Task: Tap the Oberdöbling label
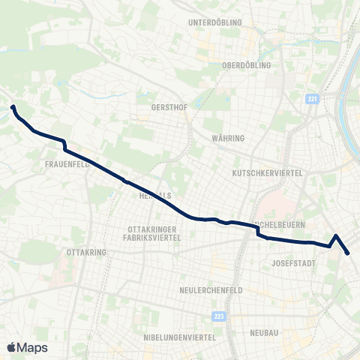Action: [245, 64]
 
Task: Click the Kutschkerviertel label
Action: [267, 173]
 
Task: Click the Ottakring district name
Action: [86, 253]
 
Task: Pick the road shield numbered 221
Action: [311, 99]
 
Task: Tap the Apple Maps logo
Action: [27, 347]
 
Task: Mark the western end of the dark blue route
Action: [13, 107]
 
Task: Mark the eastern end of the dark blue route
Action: [349, 253]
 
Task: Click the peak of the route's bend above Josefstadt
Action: [336, 235]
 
